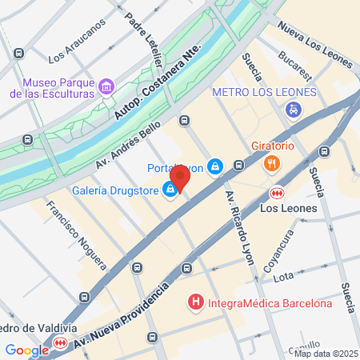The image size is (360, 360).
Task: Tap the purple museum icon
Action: [106, 86]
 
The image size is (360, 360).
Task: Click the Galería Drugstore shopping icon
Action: [170, 190]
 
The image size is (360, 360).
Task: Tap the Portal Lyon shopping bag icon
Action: [214, 166]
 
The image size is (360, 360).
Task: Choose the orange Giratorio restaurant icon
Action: [271, 163]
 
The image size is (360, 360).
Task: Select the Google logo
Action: [26, 350]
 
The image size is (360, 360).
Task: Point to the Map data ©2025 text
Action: [326, 354]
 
